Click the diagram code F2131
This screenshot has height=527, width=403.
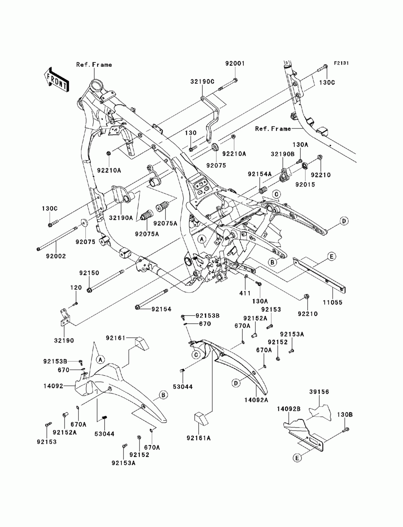[341, 63]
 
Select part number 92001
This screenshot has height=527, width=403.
[235, 63]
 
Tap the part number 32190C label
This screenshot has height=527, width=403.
[202, 81]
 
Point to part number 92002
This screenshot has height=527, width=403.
[56, 256]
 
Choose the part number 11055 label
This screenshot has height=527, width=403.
[332, 302]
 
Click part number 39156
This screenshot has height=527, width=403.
[319, 392]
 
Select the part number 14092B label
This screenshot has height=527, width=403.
[289, 409]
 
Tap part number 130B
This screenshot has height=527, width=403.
[345, 415]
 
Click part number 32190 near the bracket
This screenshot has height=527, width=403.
[64, 341]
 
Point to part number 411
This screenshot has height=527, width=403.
[245, 293]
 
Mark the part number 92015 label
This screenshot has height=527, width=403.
[305, 185]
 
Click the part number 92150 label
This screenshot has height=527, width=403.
[89, 273]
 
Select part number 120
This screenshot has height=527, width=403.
[76, 287]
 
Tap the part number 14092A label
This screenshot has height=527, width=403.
[256, 400]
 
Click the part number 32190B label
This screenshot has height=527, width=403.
[283, 154]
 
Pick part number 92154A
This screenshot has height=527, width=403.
[260, 174]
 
